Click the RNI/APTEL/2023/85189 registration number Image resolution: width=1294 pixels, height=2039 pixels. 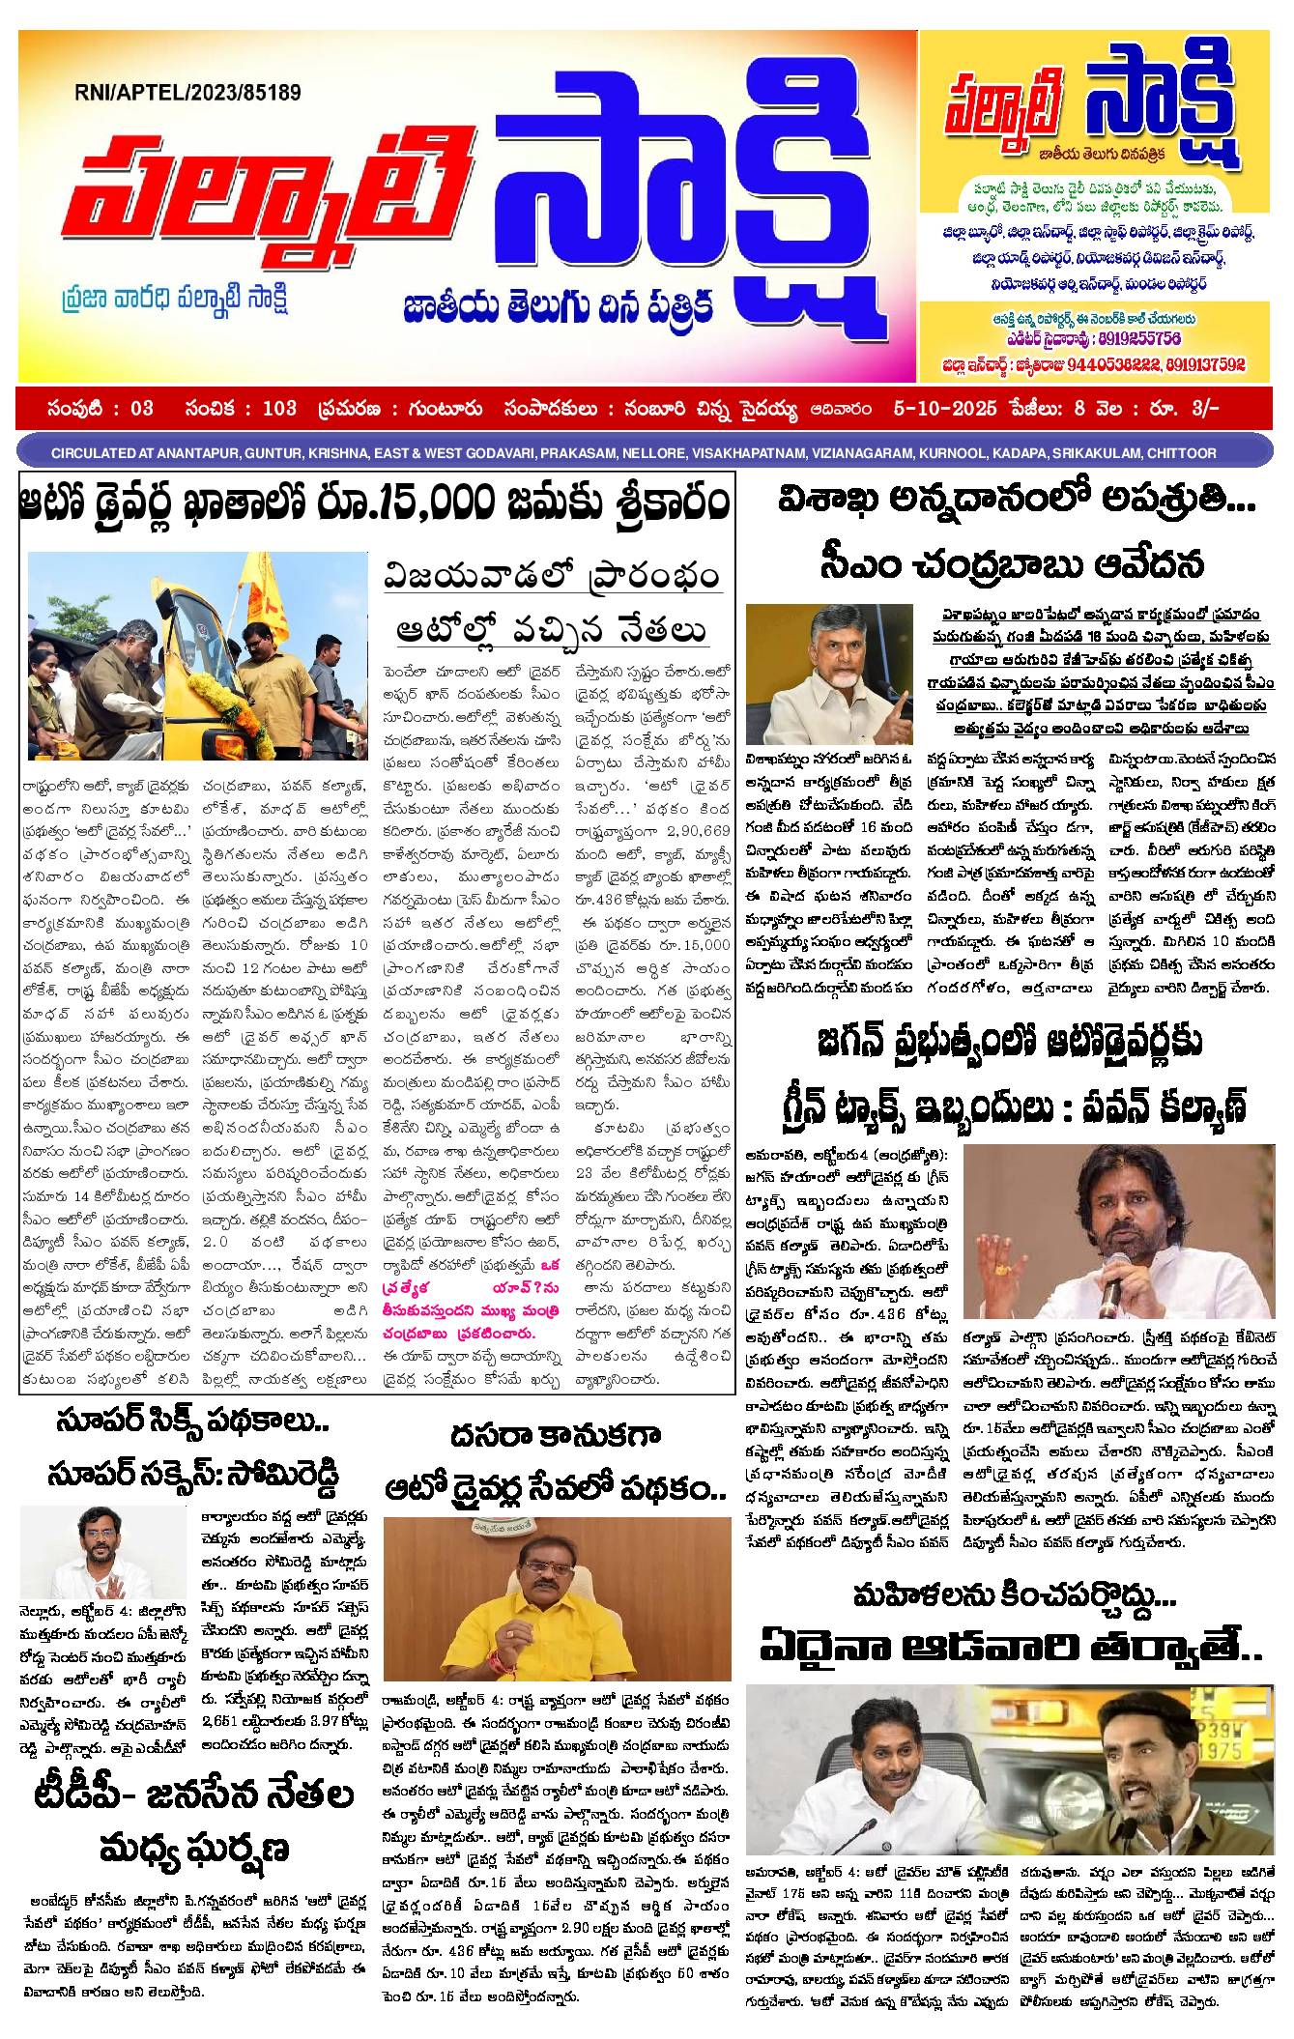point(187,93)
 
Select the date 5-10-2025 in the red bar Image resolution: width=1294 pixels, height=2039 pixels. point(944,409)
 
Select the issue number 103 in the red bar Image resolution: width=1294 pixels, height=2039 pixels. point(279,409)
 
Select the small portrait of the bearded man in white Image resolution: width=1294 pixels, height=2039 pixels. point(104,1553)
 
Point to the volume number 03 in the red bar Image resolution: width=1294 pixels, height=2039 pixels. point(141,409)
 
